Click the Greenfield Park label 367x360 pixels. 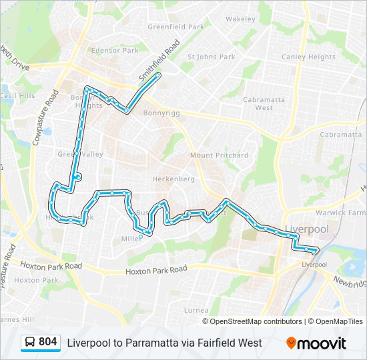pyautogui.click(x=175, y=27)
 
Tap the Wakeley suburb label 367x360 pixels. pyautogui.click(x=240, y=19)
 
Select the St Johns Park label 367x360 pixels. pyautogui.click(x=211, y=57)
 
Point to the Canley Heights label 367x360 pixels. pyautogui.click(x=308, y=57)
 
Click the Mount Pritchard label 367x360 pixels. pyautogui.click(x=219, y=155)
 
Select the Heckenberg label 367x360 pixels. pyautogui.click(x=173, y=179)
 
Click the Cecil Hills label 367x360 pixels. pyautogui.click(x=17, y=96)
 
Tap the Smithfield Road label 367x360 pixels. pyautogui.click(x=159, y=61)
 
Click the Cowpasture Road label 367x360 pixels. pyautogui.click(x=42, y=117)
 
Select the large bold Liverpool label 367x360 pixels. pyautogui.click(x=307, y=229)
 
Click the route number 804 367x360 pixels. pyautogui.click(x=48, y=342)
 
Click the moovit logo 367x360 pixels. pyautogui.click(x=316, y=343)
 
